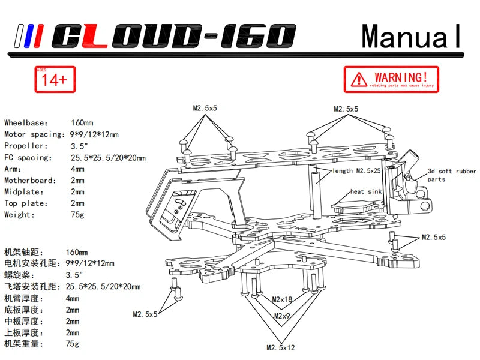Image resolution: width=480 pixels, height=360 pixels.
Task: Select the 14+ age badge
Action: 55,79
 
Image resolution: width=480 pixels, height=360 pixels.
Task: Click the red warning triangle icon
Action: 359,79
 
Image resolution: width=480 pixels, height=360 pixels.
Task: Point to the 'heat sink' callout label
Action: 366,192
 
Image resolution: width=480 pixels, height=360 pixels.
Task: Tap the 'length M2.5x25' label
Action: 356,171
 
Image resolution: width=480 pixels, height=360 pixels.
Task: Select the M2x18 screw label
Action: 282,299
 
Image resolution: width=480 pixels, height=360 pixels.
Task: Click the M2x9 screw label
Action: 282,316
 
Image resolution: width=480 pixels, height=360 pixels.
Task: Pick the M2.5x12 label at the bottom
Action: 281,347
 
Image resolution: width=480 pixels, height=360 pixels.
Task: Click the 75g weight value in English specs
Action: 78,214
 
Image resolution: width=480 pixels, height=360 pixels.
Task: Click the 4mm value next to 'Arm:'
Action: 77,169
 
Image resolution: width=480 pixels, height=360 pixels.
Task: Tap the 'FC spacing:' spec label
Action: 28,157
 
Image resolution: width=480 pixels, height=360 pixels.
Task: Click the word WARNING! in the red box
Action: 401,76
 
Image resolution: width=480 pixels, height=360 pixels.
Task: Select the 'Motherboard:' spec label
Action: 28,180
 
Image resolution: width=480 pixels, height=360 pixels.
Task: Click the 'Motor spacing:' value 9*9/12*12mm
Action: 95,134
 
